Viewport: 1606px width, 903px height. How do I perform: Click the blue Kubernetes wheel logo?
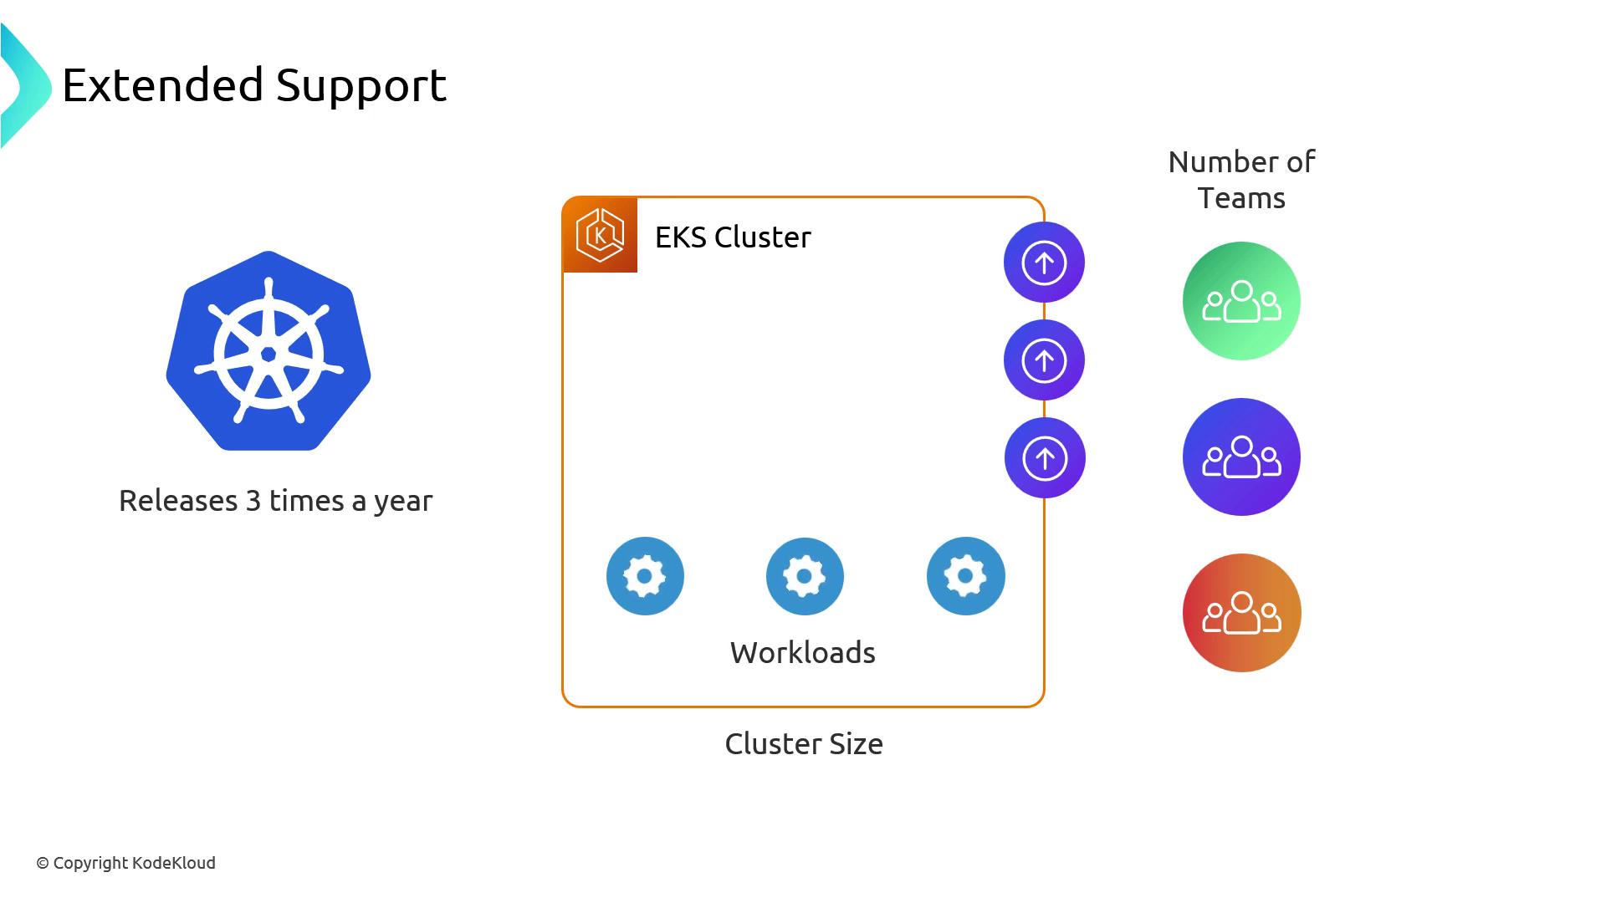[x=269, y=351]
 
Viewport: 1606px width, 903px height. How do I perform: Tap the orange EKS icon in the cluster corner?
[x=600, y=236]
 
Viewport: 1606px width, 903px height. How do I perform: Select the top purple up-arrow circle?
[x=1044, y=263]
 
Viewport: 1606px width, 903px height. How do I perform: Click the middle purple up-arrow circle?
[x=1044, y=360]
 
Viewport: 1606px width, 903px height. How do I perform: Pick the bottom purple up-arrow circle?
[x=1045, y=458]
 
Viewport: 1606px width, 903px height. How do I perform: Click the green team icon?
[x=1241, y=301]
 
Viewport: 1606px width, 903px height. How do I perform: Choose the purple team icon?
[x=1241, y=457]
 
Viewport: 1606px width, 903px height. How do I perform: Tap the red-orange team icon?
[x=1241, y=613]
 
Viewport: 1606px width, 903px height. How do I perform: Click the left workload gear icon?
[x=645, y=576]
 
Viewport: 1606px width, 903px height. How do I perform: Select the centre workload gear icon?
[x=805, y=576]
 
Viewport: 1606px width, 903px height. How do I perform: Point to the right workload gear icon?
[x=965, y=576]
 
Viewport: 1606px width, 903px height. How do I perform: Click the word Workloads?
[x=802, y=653]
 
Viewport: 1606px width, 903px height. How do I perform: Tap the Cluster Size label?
[x=803, y=744]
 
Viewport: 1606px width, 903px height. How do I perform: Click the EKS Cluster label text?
[x=733, y=237]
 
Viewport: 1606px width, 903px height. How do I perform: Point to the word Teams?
[x=1241, y=199]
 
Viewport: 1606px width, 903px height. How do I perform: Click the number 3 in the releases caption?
[x=253, y=501]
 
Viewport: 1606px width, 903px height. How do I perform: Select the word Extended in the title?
[x=163, y=85]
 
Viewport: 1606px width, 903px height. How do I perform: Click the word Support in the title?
[x=361, y=85]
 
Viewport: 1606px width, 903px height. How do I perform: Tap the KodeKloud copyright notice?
[x=125, y=863]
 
